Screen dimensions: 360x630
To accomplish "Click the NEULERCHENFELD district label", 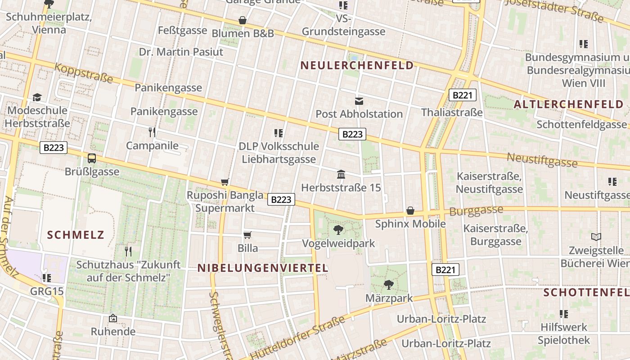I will [357, 66].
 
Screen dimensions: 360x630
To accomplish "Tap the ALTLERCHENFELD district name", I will [569, 104].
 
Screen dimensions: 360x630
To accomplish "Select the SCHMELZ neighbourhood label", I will [76, 234].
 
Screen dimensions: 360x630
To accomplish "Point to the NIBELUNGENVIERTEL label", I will [263, 268].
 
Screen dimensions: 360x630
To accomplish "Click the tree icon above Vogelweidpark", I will [338, 230].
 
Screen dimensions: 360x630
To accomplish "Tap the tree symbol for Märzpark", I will [388, 285].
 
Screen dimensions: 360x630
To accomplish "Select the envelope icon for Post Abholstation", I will [359, 101].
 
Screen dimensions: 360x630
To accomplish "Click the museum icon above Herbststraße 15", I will [341, 174].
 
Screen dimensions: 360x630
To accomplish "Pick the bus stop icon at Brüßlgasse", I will [92, 158].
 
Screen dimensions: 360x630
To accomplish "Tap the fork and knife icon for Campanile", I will [152, 132].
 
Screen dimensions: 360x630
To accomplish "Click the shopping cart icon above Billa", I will [247, 235].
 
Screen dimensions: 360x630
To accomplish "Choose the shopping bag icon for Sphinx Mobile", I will [410, 211].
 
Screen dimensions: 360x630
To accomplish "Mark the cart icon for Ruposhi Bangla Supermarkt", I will [225, 182].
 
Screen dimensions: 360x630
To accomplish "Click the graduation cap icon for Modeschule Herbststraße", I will [37, 98].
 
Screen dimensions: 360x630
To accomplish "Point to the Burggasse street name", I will [476, 211].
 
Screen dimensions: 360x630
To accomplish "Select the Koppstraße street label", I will [83, 73].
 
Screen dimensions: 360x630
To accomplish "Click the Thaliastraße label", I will [452, 112].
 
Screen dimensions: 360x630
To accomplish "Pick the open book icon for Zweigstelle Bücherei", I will [596, 237].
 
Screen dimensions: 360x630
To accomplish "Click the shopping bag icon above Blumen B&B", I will [243, 20].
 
